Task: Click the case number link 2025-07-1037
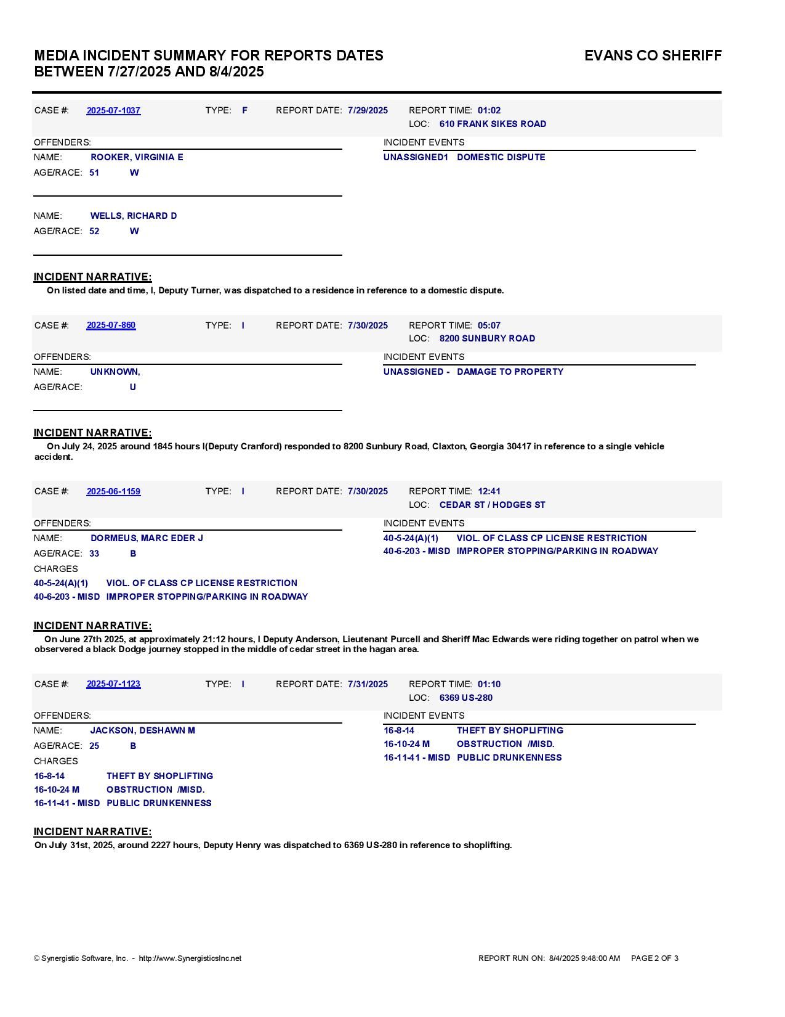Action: [x=113, y=110]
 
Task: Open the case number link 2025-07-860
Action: [x=111, y=325]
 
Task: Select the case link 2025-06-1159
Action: [x=113, y=491]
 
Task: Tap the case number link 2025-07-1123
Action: [x=113, y=684]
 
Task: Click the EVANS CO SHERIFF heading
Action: [x=653, y=55]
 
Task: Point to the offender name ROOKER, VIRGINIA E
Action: [x=137, y=157]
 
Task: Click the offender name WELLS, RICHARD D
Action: [x=134, y=216]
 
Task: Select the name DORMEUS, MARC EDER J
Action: [x=147, y=538]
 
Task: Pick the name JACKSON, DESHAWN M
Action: [x=143, y=730]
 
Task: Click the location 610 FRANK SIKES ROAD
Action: [x=493, y=124]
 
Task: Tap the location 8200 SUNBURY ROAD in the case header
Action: [x=487, y=338]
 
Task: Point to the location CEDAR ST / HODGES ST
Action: [x=492, y=505]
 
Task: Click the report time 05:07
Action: [x=489, y=325]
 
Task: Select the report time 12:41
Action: [x=489, y=491]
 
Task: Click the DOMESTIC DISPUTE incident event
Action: [x=501, y=157]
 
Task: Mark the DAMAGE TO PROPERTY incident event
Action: [x=510, y=372]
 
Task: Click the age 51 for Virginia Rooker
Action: [x=94, y=173]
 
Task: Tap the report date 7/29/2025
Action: [x=368, y=110]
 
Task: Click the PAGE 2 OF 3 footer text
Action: [x=654, y=958]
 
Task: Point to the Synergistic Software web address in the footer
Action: [x=190, y=958]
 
